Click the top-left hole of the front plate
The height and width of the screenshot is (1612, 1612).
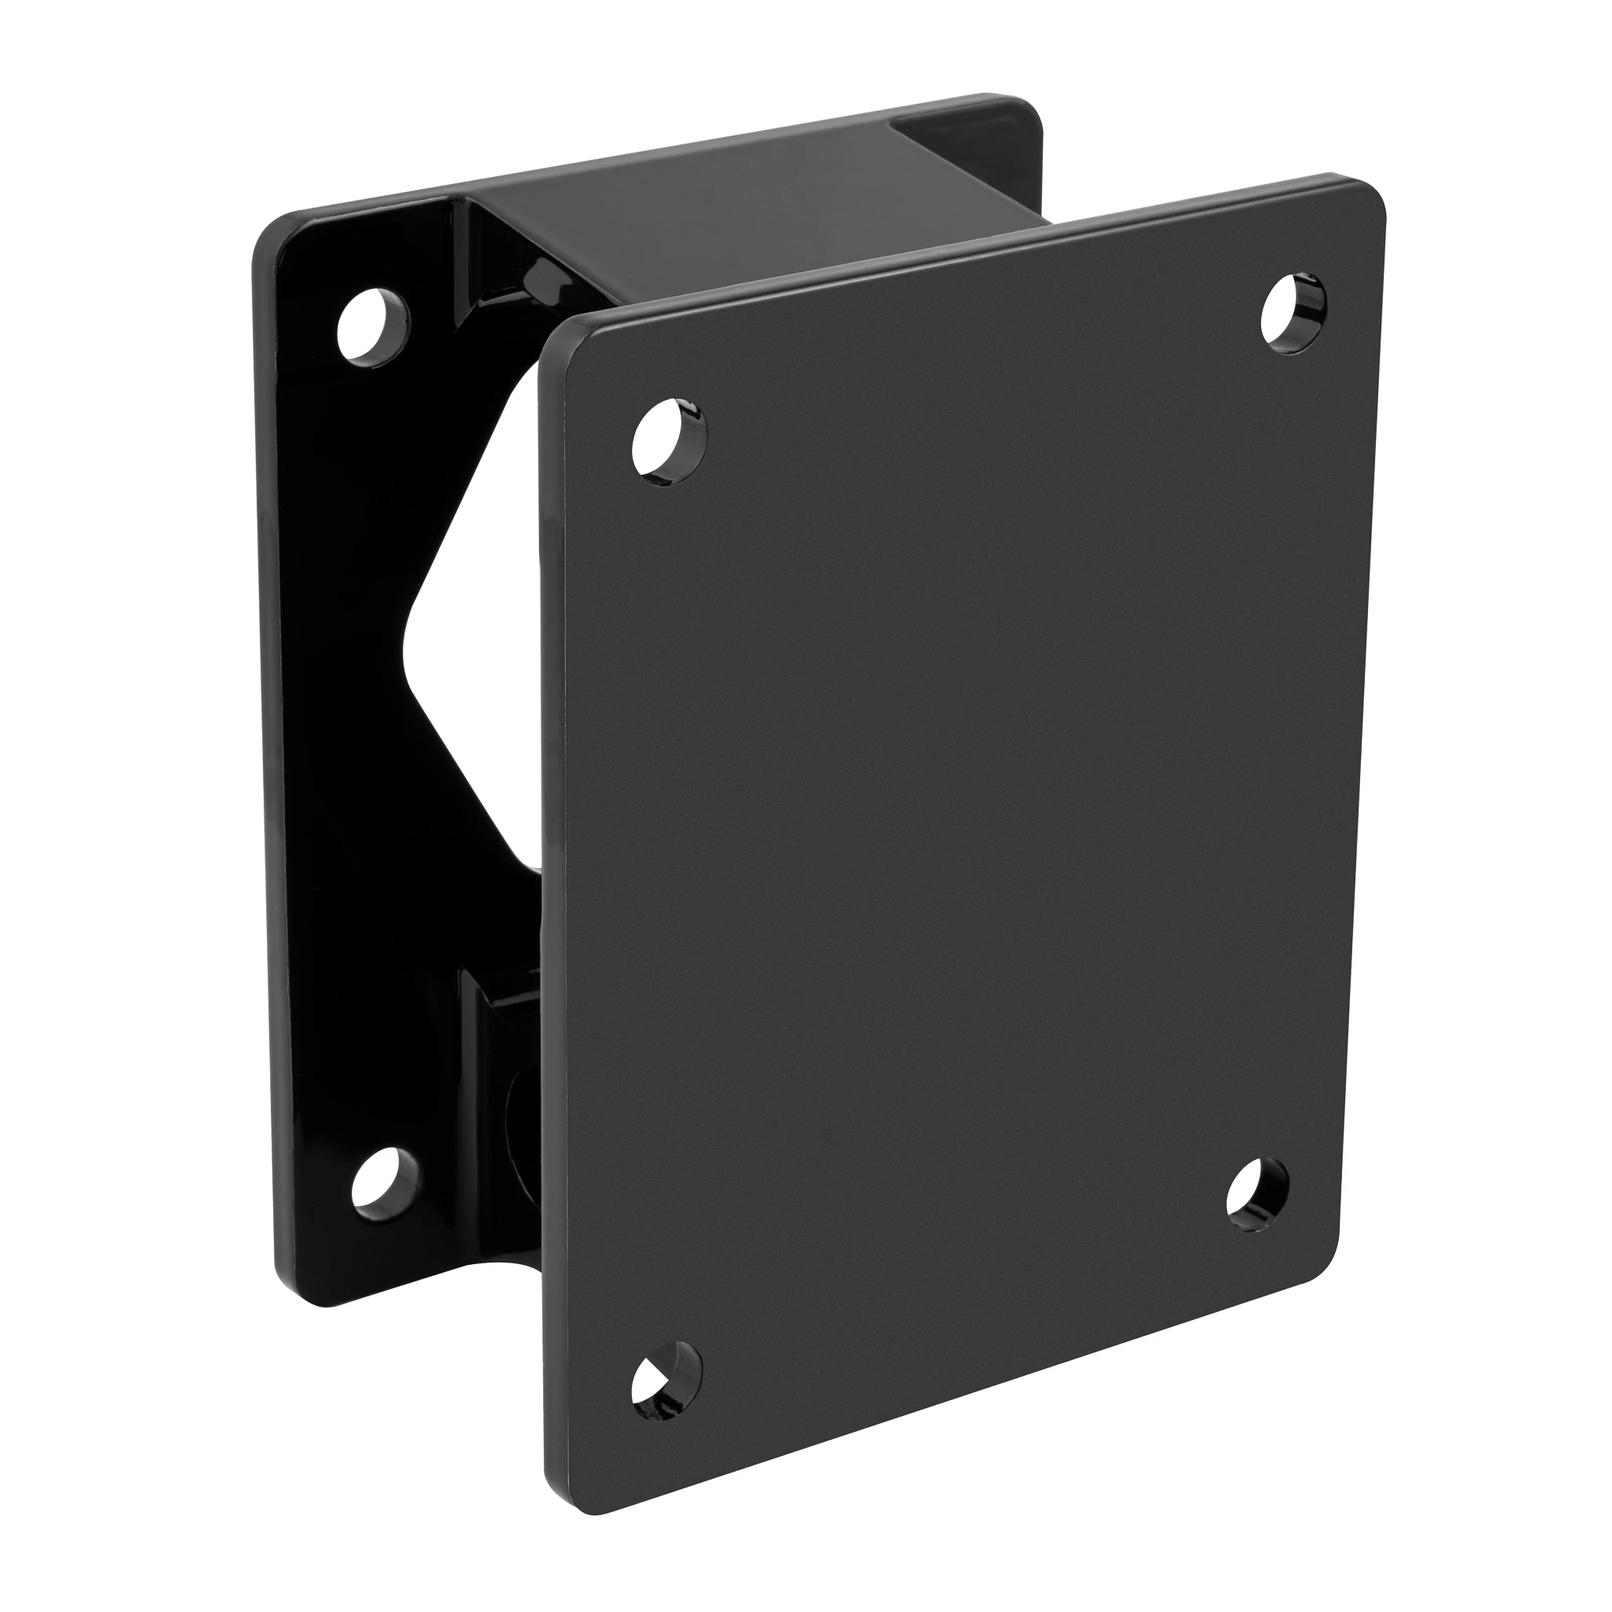[x=669, y=442]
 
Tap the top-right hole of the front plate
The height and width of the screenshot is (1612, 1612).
[x=1292, y=311]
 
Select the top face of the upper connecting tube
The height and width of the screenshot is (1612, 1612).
[x=751, y=209]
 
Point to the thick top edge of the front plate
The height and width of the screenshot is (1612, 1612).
[x=959, y=250]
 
